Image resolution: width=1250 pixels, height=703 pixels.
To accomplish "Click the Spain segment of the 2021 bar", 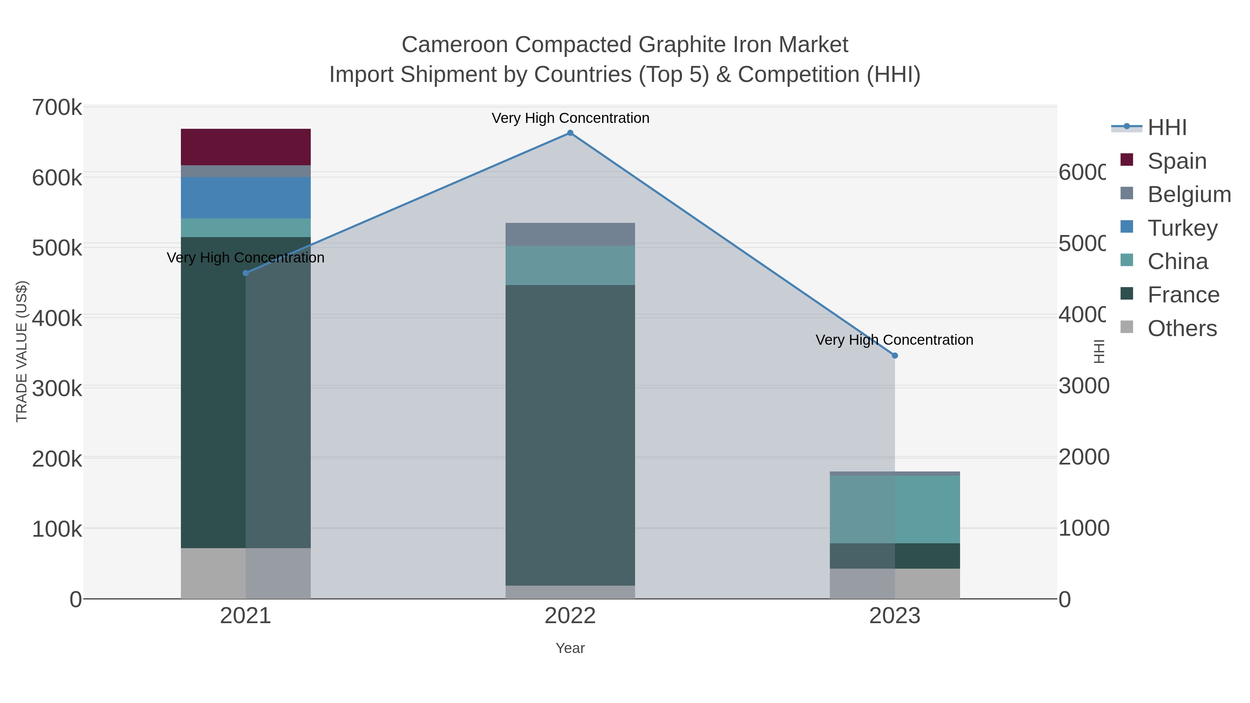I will click(x=245, y=147).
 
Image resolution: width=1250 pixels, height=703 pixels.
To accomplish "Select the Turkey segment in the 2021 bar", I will click(x=245, y=198).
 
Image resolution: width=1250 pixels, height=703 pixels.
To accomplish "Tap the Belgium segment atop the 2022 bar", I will click(x=570, y=234).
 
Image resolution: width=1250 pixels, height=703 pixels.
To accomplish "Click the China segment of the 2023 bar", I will click(x=895, y=509).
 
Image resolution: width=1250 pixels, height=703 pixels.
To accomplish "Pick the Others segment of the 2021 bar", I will click(x=245, y=574).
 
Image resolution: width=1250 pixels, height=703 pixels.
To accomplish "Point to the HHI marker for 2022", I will click(x=570, y=133).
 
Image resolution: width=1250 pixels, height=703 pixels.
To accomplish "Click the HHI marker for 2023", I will click(x=895, y=355).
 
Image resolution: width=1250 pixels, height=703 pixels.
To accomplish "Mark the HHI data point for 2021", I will click(x=245, y=273).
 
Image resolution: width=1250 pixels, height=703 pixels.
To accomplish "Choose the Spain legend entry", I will click(x=1176, y=161).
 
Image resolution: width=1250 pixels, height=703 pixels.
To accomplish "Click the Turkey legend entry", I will click(x=1182, y=228).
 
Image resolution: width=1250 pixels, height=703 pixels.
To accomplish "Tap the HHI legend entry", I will click(x=1167, y=128).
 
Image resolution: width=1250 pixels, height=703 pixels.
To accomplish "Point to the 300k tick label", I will click(x=57, y=388).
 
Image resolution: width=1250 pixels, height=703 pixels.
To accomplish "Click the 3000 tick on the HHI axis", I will click(x=1083, y=386).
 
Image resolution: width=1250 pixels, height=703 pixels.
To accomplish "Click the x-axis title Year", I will click(x=570, y=648).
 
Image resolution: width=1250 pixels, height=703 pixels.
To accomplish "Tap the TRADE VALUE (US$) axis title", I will click(x=22, y=351).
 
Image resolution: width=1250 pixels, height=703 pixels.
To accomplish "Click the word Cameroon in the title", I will click(x=454, y=45).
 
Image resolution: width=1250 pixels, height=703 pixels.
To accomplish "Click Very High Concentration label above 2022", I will click(x=570, y=118).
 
